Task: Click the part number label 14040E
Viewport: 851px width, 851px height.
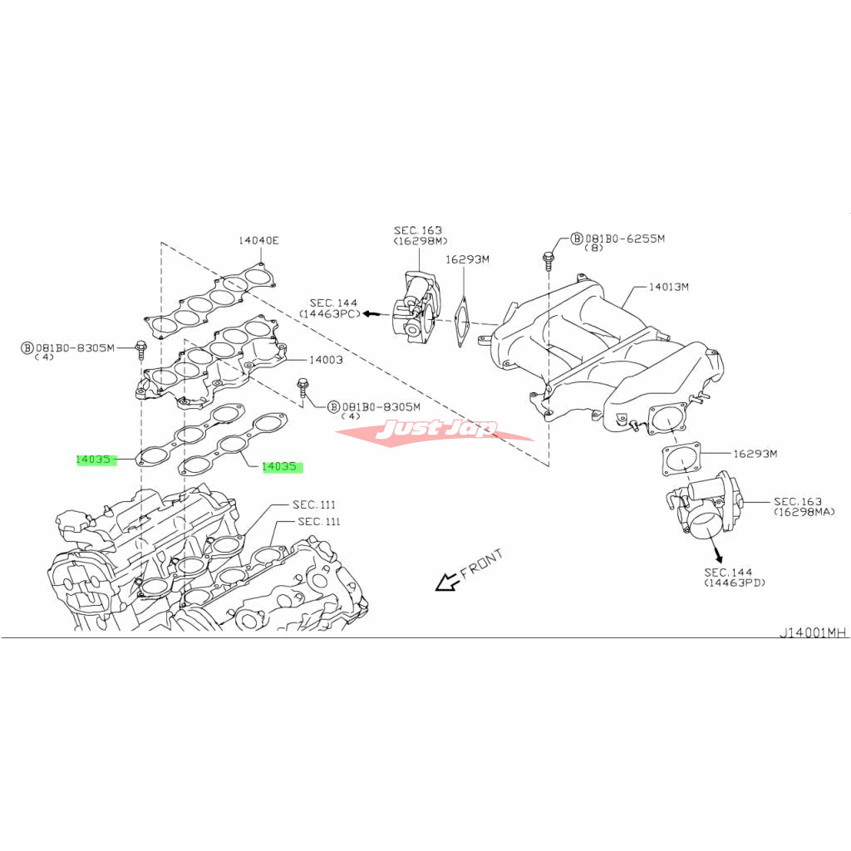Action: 258,240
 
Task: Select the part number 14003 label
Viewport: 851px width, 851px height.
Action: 326,359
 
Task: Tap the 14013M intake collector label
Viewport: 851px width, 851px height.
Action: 669,286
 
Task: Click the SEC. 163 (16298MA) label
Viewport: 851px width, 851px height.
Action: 804,506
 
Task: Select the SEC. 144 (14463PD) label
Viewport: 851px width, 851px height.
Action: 734,578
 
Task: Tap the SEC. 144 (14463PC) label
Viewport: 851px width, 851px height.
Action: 329,308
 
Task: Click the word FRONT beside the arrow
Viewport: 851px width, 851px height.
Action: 481,563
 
